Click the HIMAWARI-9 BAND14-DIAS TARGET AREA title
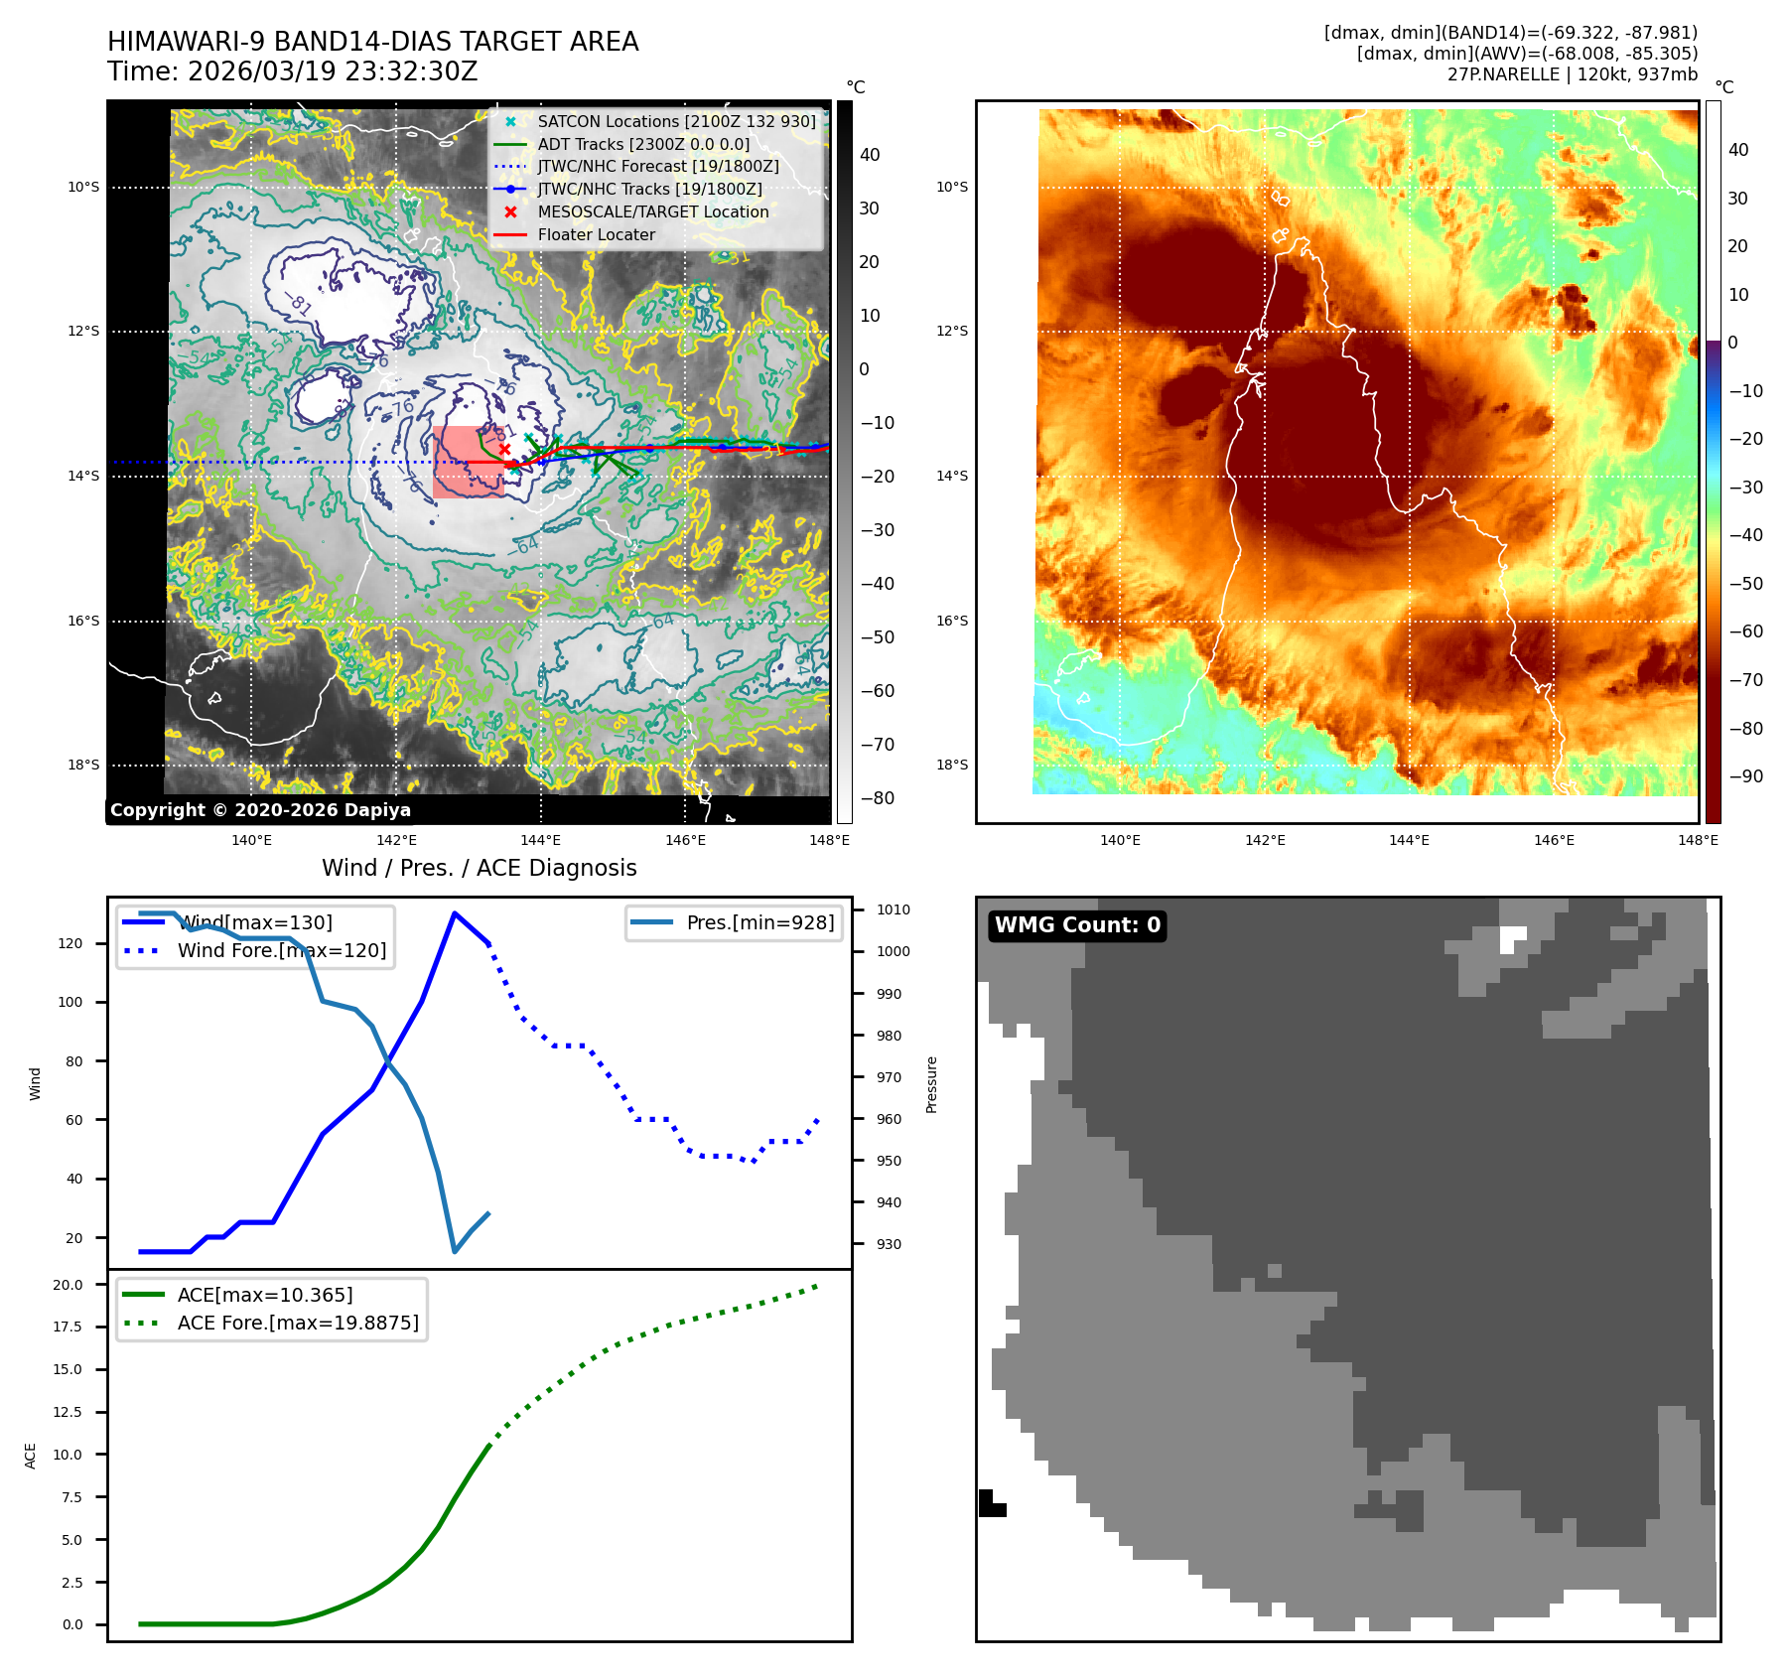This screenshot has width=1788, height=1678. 372,42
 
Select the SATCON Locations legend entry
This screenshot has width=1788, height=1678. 675,121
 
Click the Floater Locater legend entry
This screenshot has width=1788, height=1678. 596,234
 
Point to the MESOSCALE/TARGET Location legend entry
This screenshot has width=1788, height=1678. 652,211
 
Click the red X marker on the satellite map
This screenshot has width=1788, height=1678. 504,449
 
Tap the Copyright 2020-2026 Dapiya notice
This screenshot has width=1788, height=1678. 260,810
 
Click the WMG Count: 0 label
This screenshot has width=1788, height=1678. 1077,925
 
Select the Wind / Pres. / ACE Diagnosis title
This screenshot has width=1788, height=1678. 479,868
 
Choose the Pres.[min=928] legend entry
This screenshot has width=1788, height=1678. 759,922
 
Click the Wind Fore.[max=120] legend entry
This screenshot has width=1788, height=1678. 281,950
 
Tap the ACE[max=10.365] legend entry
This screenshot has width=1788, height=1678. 264,1295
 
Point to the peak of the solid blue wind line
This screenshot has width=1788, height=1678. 455,913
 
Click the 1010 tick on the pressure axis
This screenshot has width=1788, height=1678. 893,909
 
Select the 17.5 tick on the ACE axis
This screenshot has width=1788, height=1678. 68,1327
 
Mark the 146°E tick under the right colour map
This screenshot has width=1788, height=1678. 1554,840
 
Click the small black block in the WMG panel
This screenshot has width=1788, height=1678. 991,1502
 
